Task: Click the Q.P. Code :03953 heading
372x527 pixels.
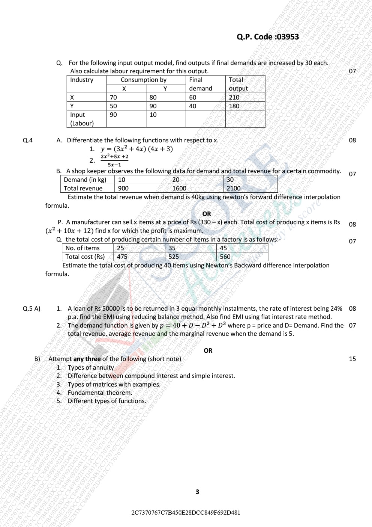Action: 268,37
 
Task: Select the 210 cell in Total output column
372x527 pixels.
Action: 234,97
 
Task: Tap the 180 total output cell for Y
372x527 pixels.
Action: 234,106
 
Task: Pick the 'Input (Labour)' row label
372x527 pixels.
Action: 82,119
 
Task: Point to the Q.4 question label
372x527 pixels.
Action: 28,140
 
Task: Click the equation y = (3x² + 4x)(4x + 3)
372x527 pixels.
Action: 136,149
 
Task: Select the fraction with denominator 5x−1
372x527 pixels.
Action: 114,160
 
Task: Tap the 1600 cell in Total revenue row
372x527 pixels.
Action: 179,188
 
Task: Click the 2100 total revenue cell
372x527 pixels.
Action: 234,188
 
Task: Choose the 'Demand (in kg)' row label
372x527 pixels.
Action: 85,180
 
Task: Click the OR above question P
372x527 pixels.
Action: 207,214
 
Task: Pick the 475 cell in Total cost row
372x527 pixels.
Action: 122,257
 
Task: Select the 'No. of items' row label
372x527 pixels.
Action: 82,248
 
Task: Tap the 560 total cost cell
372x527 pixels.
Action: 225,257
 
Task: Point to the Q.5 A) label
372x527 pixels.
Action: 31,308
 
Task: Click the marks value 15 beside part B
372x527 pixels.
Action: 352,359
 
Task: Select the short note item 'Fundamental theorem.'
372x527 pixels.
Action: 100,393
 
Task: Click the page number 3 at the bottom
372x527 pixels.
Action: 197,492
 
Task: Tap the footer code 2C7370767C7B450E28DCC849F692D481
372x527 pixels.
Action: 186,512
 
